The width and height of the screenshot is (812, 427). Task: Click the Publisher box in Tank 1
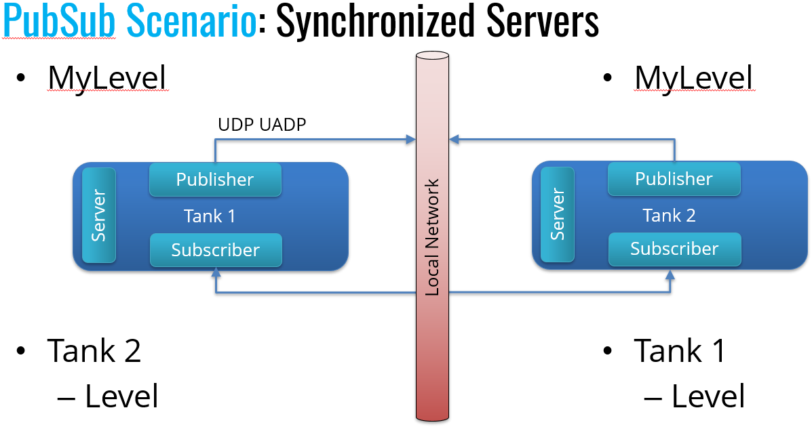[215, 180]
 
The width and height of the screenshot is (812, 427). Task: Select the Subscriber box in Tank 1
[215, 250]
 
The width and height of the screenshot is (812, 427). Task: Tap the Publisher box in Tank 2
[674, 179]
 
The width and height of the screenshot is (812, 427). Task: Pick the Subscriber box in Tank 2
[674, 249]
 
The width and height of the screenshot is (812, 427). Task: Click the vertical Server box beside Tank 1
[99, 216]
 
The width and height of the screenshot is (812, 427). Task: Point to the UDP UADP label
[261, 125]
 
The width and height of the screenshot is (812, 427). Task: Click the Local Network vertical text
[433, 237]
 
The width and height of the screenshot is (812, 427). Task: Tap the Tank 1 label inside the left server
[210, 216]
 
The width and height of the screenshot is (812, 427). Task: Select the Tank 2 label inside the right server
[669, 216]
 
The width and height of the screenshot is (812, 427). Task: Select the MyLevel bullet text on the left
[107, 78]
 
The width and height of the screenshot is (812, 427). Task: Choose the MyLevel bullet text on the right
[693, 78]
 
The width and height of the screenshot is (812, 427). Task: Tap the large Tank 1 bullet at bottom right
[680, 351]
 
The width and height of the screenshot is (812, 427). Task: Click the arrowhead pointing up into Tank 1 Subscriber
[216, 273]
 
